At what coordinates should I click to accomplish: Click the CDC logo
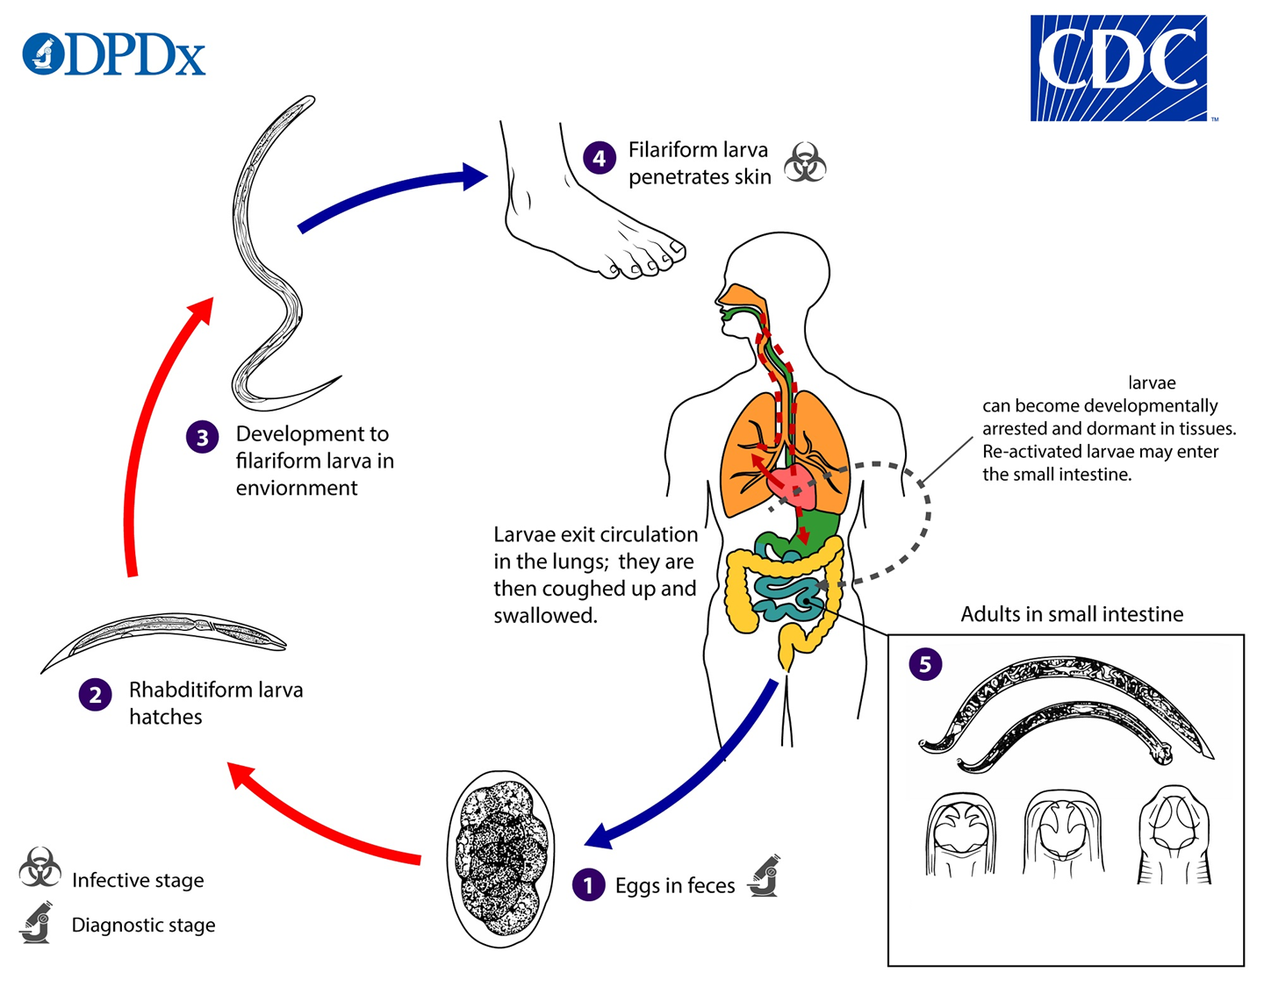pyautogui.click(x=1117, y=68)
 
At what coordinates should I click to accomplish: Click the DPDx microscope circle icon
pyautogui.click(x=44, y=54)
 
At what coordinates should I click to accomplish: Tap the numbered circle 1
pyautogui.click(x=588, y=884)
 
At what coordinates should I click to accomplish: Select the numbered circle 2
pyautogui.click(x=96, y=695)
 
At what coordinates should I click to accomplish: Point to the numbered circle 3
pyautogui.click(x=203, y=437)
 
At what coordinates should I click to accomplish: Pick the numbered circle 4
pyautogui.click(x=600, y=158)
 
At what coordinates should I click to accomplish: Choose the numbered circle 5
pyautogui.click(x=925, y=664)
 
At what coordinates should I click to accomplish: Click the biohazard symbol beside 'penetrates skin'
pyautogui.click(x=805, y=162)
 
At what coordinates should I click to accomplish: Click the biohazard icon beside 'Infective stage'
pyautogui.click(x=39, y=868)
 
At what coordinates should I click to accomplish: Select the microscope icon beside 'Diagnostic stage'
pyautogui.click(x=36, y=922)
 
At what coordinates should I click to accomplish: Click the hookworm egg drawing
pyautogui.click(x=500, y=859)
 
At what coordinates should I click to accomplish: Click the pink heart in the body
pyautogui.click(x=793, y=482)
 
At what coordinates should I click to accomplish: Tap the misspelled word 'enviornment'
pyautogui.click(x=297, y=489)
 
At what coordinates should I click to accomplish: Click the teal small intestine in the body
pyautogui.click(x=788, y=593)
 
